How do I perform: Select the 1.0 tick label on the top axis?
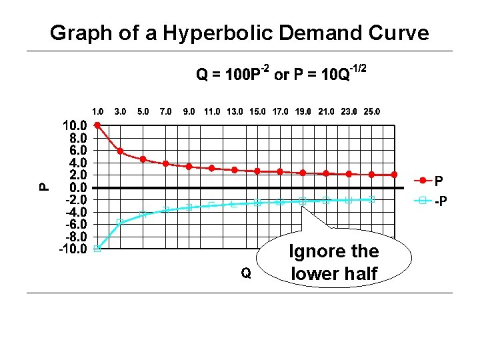(98, 111)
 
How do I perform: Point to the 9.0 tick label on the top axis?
(189, 111)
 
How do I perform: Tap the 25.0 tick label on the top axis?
(372, 111)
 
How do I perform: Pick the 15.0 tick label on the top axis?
(257, 111)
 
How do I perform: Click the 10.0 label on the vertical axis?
(73, 125)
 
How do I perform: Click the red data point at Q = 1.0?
(97, 125)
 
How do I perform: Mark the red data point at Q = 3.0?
(120, 151)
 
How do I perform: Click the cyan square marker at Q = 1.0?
(97, 249)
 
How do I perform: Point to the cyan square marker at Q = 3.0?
(120, 222)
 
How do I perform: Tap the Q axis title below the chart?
(246, 273)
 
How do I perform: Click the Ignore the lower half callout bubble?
(333, 262)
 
